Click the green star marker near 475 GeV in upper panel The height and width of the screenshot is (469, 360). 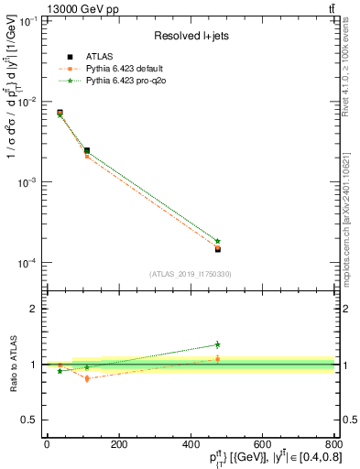[x=217, y=241]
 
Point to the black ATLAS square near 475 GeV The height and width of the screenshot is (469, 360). [x=217, y=248]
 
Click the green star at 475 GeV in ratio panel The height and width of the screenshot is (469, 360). [x=217, y=344]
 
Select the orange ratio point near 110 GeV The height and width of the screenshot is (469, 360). [x=87, y=378]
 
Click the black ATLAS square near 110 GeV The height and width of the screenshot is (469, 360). [x=87, y=150]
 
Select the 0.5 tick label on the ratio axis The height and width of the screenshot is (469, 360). [x=29, y=420]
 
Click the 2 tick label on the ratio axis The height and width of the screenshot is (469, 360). [x=34, y=309]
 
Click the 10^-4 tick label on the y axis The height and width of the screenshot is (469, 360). [x=25, y=264]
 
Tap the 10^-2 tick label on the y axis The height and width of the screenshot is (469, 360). [x=25, y=102]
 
